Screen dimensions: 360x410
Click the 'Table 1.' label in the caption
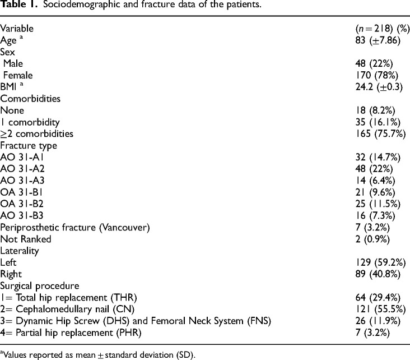(17, 6)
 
